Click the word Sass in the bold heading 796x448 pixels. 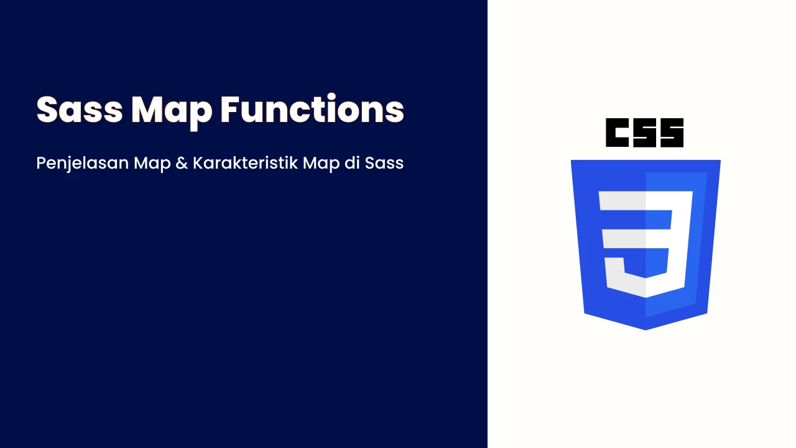tap(80, 109)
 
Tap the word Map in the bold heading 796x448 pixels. tap(172, 113)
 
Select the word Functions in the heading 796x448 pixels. tap(312, 108)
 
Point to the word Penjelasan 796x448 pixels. tap(83, 164)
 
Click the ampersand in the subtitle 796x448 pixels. tap(182, 163)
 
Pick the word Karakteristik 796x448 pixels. tap(245, 163)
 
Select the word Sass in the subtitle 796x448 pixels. tap(384, 163)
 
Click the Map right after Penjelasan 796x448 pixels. tap(152, 164)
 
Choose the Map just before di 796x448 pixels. tap(322, 164)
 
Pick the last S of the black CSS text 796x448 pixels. tap(672, 133)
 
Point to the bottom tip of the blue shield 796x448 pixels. tap(646, 330)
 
